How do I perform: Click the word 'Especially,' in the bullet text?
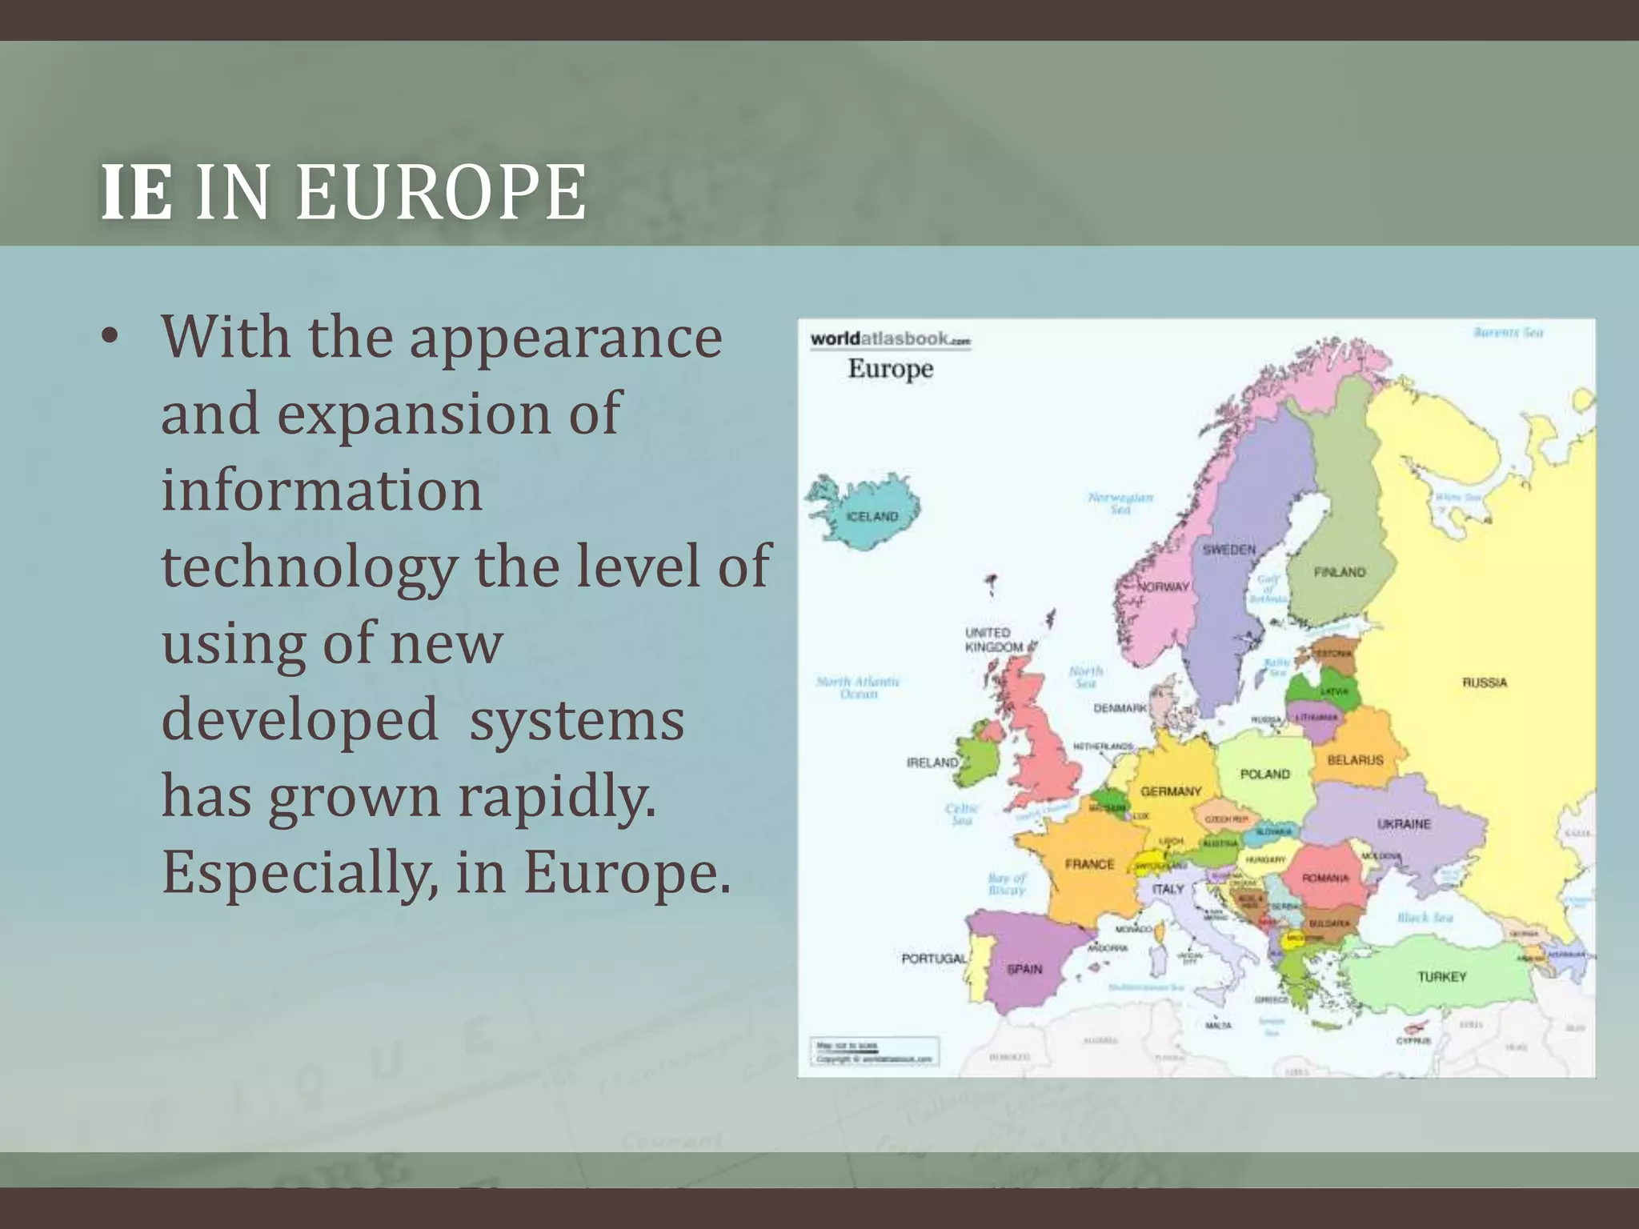(x=301, y=872)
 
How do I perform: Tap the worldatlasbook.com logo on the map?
(x=890, y=338)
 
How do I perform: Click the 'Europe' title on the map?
(x=890, y=369)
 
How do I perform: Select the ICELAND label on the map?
(x=872, y=517)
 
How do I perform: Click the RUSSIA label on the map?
(x=1485, y=683)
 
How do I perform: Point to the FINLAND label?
(x=1340, y=572)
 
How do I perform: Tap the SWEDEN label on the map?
(x=1229, y=550)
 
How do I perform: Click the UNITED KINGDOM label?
(x=992, y=639)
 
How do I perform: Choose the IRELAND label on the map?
(x=932, y=763)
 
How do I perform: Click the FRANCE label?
(x=1089, y=864)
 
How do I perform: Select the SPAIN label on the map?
(x=1024, y=969)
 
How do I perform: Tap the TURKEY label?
(x=1442, y=977)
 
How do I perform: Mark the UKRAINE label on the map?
(x=1404, y=824)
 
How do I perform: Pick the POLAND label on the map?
(x=1265, y=774)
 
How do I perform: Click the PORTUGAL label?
(x=934, y=958)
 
